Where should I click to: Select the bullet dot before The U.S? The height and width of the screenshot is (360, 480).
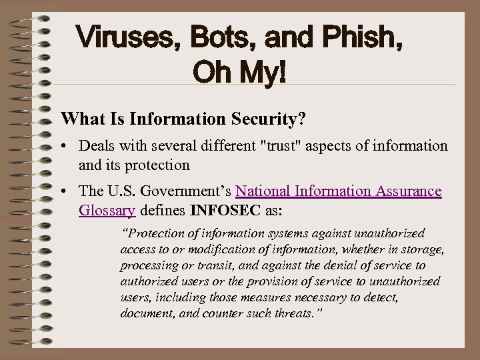click(x=67, y=192)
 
